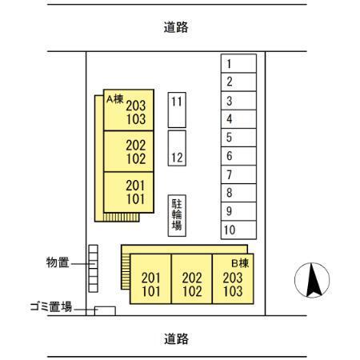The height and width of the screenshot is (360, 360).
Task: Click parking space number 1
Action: pos(238,63)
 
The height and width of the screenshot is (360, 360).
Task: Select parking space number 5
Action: pos(238,138)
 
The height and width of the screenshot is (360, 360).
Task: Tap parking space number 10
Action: pos(238,230)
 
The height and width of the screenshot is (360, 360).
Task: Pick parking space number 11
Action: pos(177,110)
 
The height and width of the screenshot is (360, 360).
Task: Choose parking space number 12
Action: pos(177,148)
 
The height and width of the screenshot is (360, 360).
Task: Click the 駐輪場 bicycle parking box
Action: pos(177,215)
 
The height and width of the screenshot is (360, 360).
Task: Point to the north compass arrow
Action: pos(313,280)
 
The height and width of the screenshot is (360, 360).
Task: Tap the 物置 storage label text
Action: pos(58,262)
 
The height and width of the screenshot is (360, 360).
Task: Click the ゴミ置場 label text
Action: pos(51,306)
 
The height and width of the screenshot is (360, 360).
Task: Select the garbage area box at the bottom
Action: pos(105,311)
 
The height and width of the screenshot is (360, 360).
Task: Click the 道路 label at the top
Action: pos(176,27)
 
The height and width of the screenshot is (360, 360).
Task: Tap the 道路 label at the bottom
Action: pos(176,338)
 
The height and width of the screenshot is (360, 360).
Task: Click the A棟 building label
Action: pos(114,99)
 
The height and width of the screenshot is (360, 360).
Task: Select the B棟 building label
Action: pos(240,263)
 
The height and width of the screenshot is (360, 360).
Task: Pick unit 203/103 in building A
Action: pos(129,110)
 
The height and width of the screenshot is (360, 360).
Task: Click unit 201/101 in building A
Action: pos(129,192)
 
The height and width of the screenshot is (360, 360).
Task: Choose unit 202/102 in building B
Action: pos(192,278)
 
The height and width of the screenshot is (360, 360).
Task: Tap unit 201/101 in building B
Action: pos(150,278)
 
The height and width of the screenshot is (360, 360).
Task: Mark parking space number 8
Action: pos(238,193)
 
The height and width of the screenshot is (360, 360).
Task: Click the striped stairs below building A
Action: pos(122,217)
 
